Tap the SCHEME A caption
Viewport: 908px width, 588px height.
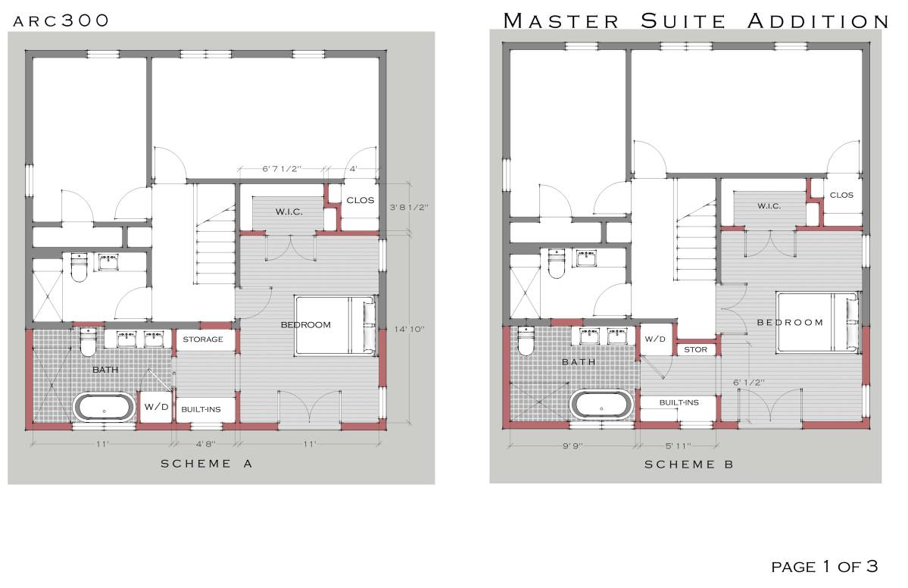click(x=205, y=464)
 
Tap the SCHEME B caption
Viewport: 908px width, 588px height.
click(x=688, y=464)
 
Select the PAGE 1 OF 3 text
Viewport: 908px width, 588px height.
click(x=824, y=566)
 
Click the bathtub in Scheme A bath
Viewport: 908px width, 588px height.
click(x=104, y=407)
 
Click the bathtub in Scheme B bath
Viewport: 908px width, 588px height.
click(x=601, y=403)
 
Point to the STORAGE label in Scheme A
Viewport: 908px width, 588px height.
click(x=203, y=339)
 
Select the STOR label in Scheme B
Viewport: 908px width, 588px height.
click(x=695, y=349)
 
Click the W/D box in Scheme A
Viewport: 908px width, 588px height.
click(x=156, y=407)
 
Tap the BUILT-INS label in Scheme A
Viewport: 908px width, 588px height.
click(x=201, y=409)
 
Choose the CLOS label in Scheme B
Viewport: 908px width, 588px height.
click(x=841, y=195)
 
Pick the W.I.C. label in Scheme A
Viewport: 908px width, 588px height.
click(x=289, y=211)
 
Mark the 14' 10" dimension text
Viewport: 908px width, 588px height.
click(x=410, y=329)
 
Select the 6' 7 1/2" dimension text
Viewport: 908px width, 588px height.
click(x=282, y=169)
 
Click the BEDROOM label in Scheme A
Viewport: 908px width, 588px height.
click(x=306, y=324)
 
